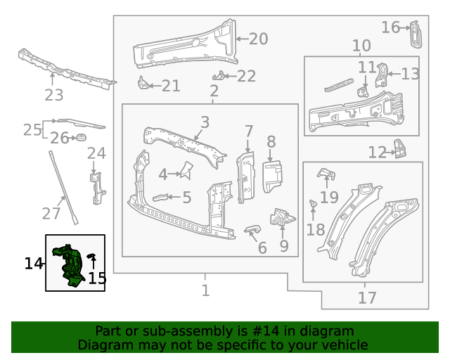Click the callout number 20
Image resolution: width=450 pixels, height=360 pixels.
[x=258, y=39]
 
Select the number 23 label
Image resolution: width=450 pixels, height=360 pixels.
[x=54, y=95]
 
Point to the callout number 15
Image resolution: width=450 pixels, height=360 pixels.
[x=97, y=278]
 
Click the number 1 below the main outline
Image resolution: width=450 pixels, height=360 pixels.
[x=205, y=290]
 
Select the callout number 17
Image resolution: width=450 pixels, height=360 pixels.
[x=367, y=298]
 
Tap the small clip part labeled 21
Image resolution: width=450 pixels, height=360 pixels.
[x=143, y=84]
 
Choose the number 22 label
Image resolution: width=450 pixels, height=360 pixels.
[x=246, y=77]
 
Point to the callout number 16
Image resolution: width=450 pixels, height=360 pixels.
[x=390, y=27]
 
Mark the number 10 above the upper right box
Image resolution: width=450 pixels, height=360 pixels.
[x=361, y=46]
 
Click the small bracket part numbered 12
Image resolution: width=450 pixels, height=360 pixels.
[x=399, y=149]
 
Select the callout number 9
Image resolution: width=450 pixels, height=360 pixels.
[x=283, y=246]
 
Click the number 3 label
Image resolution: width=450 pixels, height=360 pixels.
[x=205, y=122]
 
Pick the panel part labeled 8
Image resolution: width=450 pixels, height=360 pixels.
[x=271, y=176]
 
